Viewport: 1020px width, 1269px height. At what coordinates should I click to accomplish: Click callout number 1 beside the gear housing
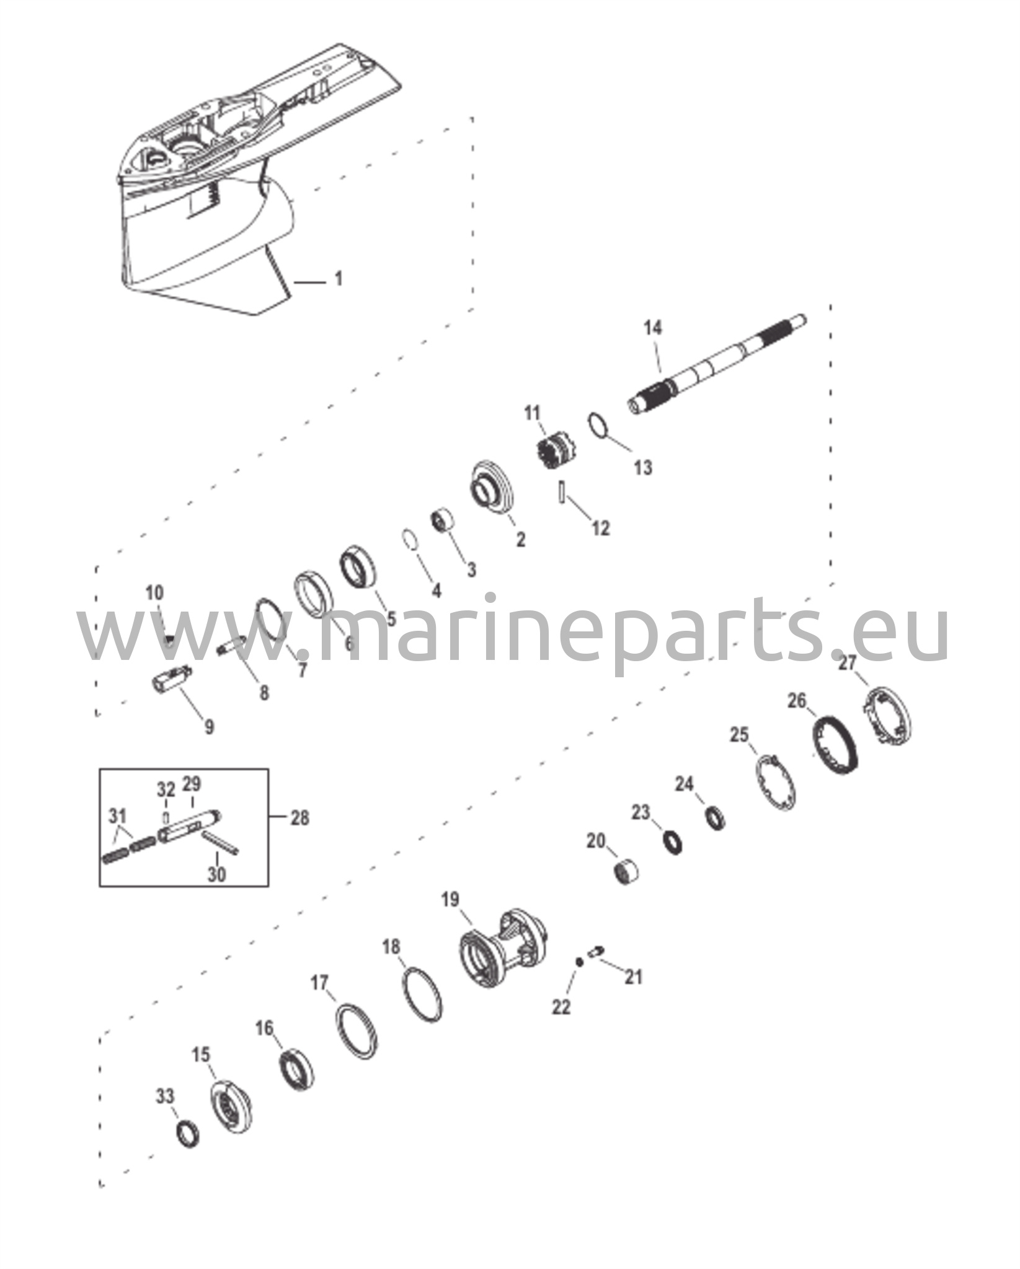pos(338,279)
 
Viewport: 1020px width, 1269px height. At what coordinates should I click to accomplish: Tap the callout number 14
pos(653,327)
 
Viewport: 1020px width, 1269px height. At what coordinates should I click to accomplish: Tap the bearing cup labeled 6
pos(314,595)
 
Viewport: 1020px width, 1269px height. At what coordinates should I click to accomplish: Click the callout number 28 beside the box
pos(299,818)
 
